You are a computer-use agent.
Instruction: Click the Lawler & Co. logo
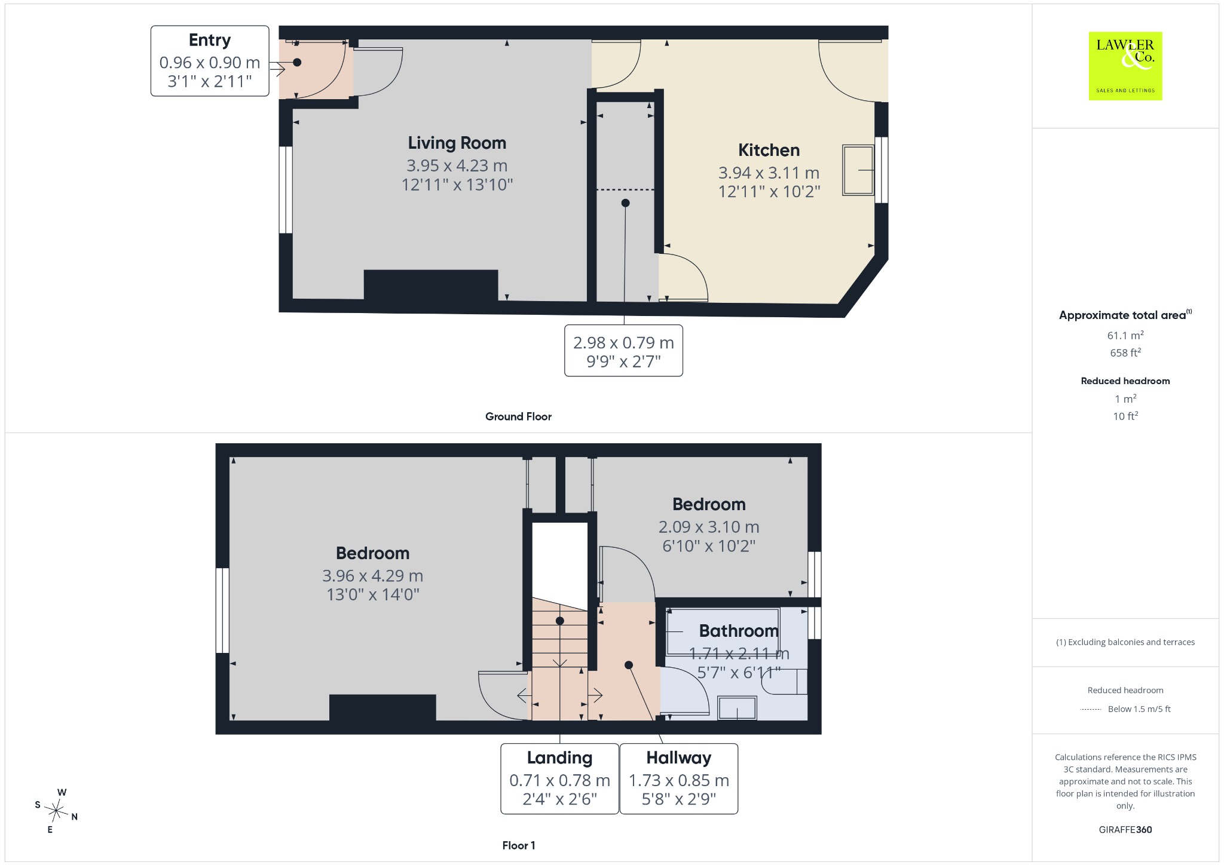[1125, 66]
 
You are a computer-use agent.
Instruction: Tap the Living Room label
[457, 143]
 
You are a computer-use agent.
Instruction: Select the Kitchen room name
[769, 150]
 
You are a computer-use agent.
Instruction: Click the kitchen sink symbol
[858, 170]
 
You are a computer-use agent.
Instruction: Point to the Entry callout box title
[210, 41]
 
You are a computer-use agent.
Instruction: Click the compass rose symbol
[56, 811]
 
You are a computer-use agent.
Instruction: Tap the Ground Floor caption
[518, 416]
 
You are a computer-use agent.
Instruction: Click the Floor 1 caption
[519, 845]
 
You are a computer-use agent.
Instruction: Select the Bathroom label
[739, 631]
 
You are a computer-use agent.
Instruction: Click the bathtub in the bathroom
[723, 632]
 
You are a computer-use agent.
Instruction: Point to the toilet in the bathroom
[785, 682]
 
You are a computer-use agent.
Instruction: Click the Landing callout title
[559, 758]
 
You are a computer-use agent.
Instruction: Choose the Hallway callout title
[679, 758]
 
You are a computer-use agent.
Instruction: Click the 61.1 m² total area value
[1125, 335]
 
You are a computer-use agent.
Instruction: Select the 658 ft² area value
[1125, 352]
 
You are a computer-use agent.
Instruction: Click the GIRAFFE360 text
[1125, 830]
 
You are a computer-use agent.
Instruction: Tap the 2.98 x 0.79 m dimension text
[623, 343]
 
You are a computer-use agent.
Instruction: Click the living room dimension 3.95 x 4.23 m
[457, 165]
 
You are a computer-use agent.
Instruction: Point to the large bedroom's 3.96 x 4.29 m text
[372, 576]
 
